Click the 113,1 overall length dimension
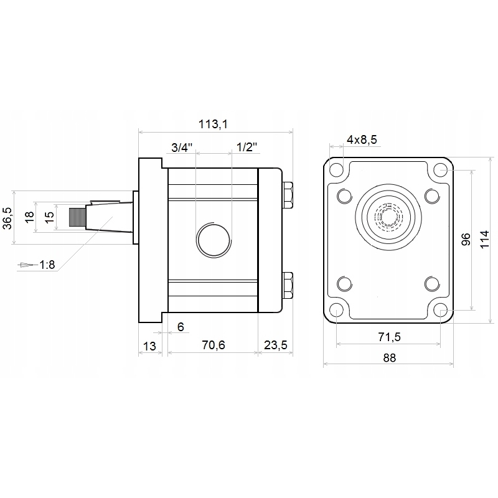[x=213, y=124]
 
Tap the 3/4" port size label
[x=182, y=148]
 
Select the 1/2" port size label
[x=247, y=147]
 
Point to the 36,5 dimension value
[x=7, y=218]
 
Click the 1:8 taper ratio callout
[x=47, y=264]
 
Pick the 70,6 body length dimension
[x=214, y=345]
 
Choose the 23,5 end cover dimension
[x=275, y=345]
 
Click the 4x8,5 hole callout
[x=362, y=139]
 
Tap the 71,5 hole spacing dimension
[x=390, y=337]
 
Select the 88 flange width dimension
[x=390, y=358]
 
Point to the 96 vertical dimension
[x=466, y=239]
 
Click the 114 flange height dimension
[x=484, y=240]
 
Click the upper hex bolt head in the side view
[x=287, y=195]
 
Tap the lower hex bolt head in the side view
[x=287, y=285]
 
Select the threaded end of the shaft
[x=77, y=217]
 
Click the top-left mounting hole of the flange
[x=336, y=169]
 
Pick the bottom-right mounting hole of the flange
[x=441, y=309]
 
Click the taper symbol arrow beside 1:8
[x=26, y=265]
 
